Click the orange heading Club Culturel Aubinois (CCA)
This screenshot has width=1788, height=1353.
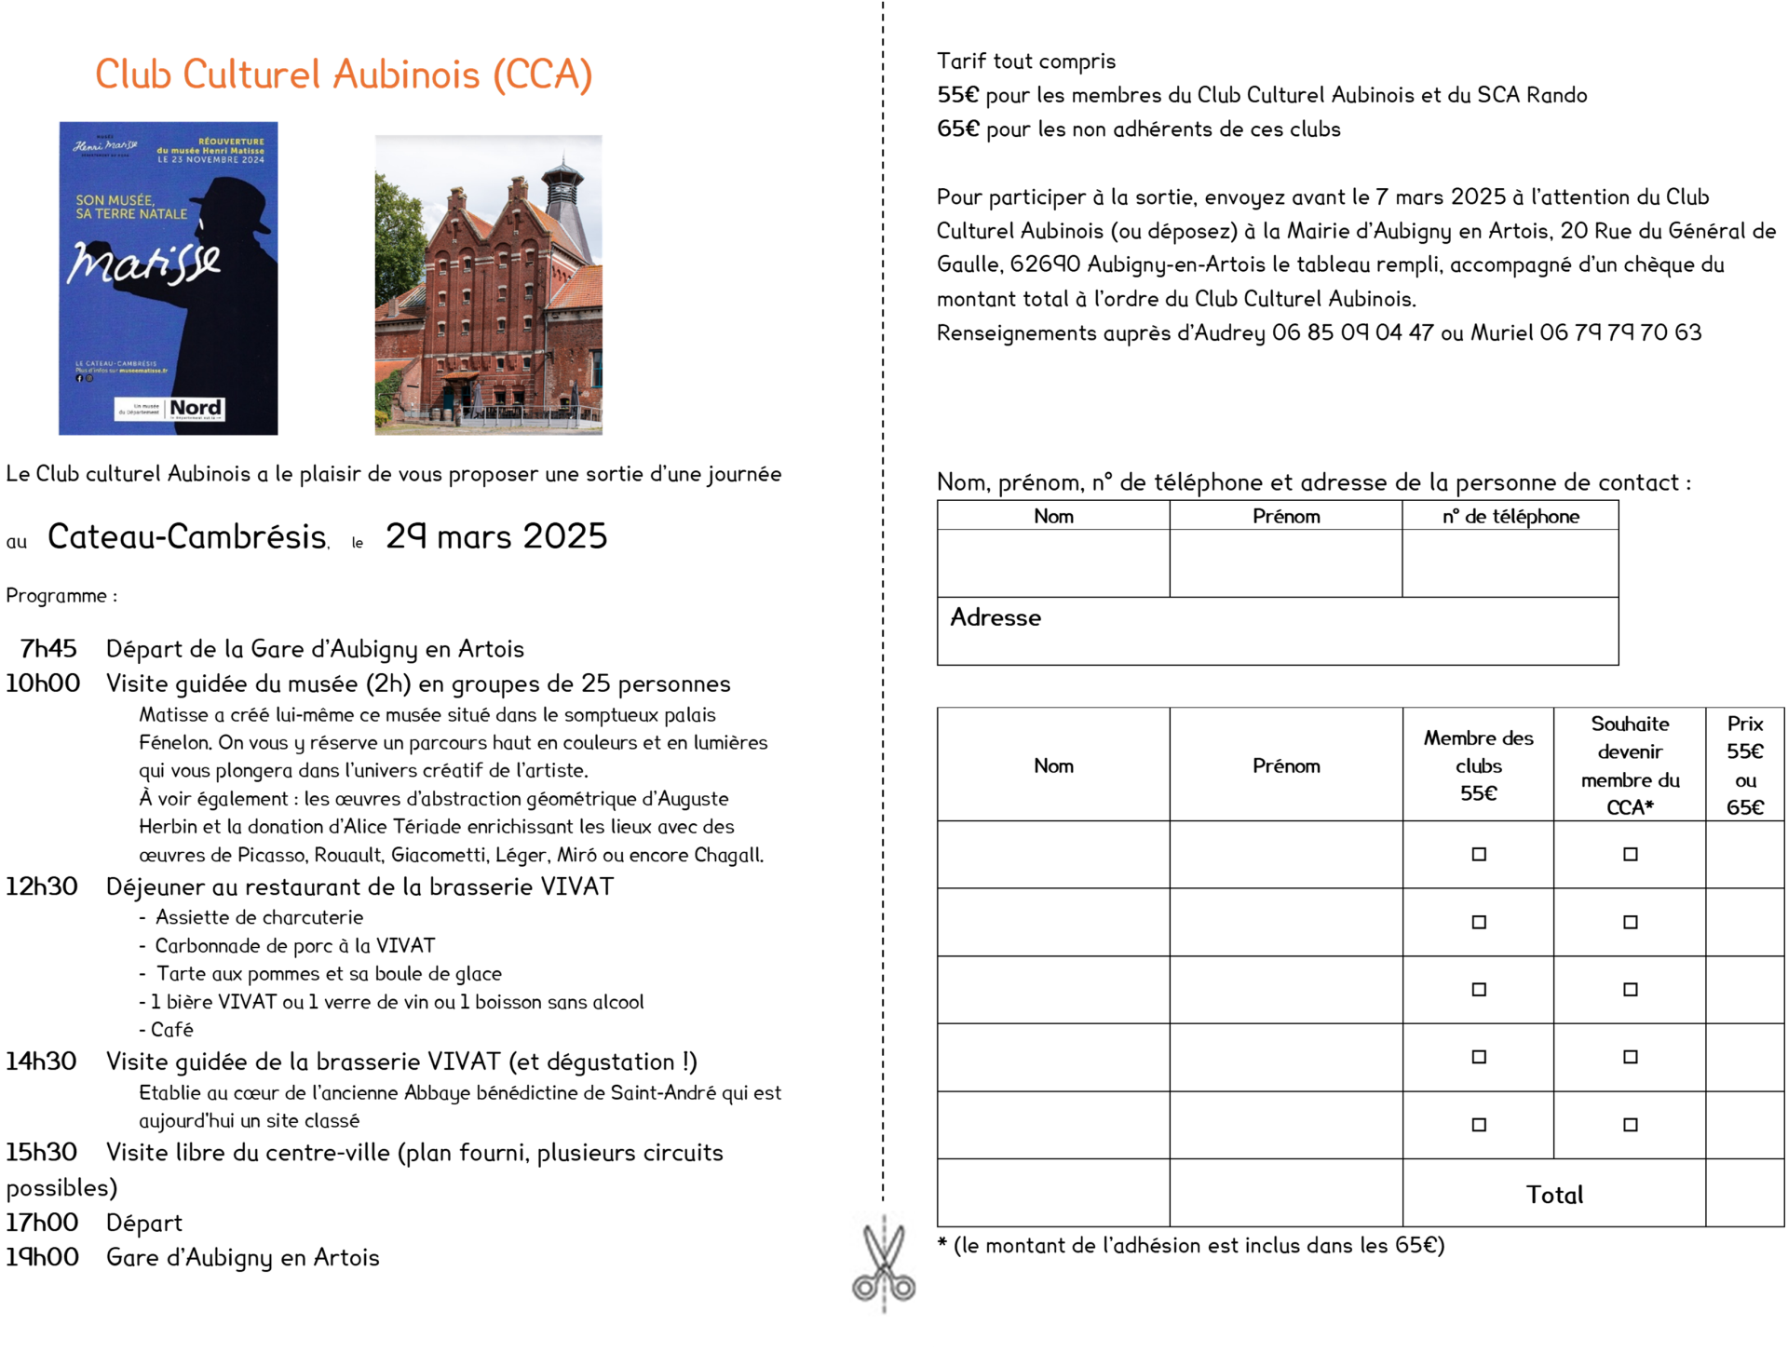click(x=344, y=74)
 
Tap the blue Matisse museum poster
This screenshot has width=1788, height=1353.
click(x=168, y=277)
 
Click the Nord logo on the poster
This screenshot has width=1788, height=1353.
click(x=196, y=408)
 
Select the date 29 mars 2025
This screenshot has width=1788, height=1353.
click(x=495, y=536)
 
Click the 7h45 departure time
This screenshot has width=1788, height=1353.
click(x=48, y=648)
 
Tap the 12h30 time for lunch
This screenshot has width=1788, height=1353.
click(x=42, y=886)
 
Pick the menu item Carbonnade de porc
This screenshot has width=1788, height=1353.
click(x=294, y=945)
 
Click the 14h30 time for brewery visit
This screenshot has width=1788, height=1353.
click(x=42, y=1061)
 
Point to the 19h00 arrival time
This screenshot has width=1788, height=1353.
click(x=43, y=1256)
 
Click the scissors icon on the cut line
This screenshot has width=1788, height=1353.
click(x=884, y=1265)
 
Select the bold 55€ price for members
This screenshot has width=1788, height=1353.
click(x=958, y=95)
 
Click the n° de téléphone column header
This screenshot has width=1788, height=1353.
click(x=1510, y=516)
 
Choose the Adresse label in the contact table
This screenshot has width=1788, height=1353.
click(x=996, y=617)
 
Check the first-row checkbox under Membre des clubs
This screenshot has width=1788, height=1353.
click(x=1479, y=854)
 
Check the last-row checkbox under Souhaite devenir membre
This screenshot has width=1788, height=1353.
click(x=1630, y=1125)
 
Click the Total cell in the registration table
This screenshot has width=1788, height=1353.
click(x=1554, y=1195)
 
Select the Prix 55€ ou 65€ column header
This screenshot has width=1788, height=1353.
click(x=1744, y=764)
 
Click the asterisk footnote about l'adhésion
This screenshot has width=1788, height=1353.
click(x=1191, y=1245)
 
